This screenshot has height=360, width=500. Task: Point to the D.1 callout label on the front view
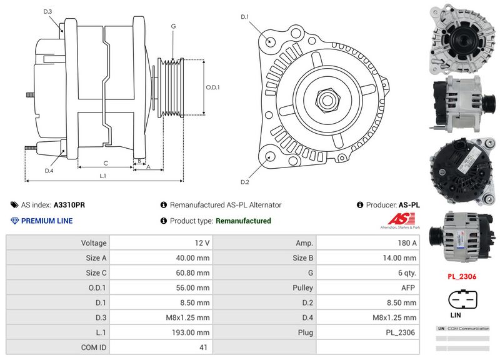coord(245,16)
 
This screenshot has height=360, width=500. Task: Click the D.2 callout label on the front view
coord(245,182)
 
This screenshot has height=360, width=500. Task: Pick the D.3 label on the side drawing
coord(48,12)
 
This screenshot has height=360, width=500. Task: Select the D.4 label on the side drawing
coord(49,170)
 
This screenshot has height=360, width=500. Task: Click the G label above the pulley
coord(172,26)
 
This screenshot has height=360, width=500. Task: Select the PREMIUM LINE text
coord(47,221)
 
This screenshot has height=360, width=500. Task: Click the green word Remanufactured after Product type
coord(243,221)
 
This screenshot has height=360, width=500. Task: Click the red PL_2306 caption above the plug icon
coord(461,276)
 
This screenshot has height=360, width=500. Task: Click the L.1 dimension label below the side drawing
coord(103,176)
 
